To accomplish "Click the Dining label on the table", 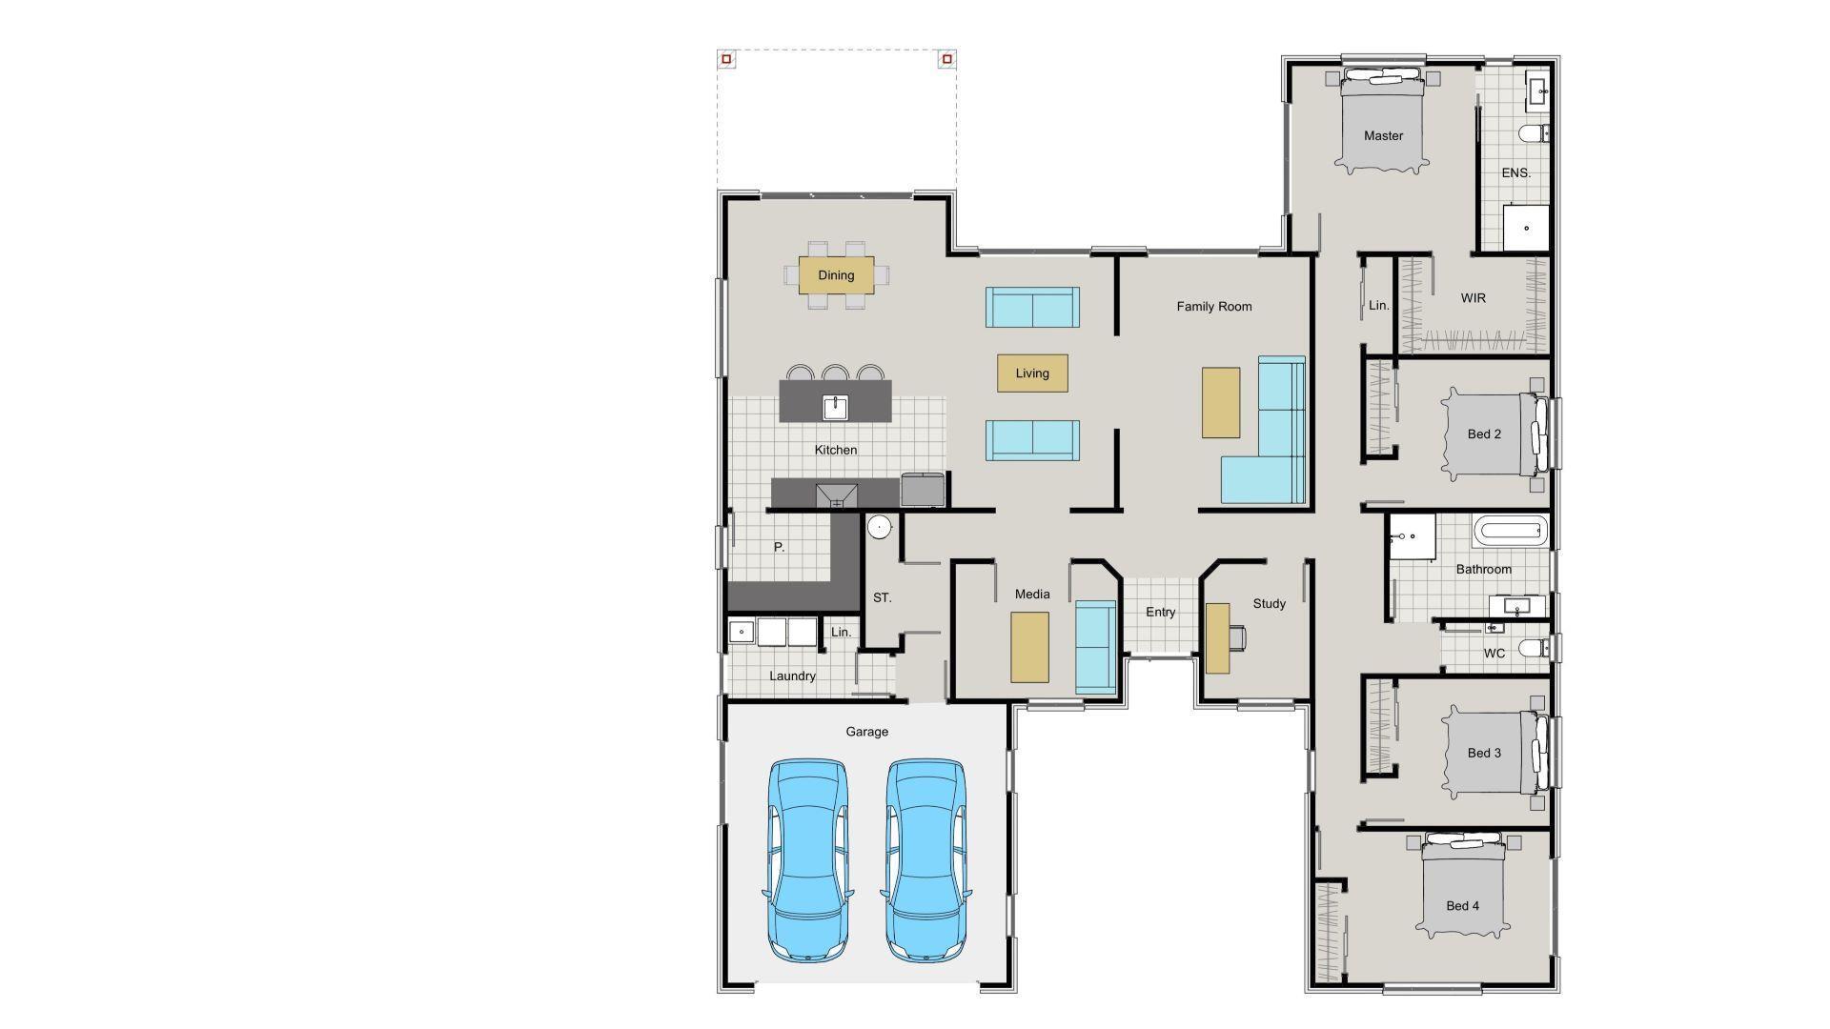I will pyautogui.click(x=836, y=275).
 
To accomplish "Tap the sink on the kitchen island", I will pyautogui.click(x=836, y=408).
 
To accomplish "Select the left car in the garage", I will pyautogui.click(x=807, y=860).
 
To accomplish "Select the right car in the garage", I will pyautogui.click(x=925, y=860).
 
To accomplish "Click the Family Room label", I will pyautogui.click(x=1213, y=306).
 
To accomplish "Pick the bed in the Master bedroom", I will pyautogui.click(x=1383, y=124).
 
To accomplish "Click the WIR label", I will pyautogui.click(x=1473, y=298).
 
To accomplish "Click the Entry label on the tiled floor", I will pyautogui.click(x=1160, y=612).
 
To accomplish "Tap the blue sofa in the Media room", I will pyautogui.click(x=1095, y=647).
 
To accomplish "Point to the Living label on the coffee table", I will pyautogui.click(x=1032, y=373).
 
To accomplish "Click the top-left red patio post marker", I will pyautogui.click(x=726, y=59).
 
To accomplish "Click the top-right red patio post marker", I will pyautogui.click(x=946, y=59).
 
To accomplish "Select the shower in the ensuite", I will pyautogui.click(x=1526, y=228).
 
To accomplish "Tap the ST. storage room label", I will pyautogui.click(x=882, y=597).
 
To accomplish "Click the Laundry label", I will pyautogui.click(x=792, y=676).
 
